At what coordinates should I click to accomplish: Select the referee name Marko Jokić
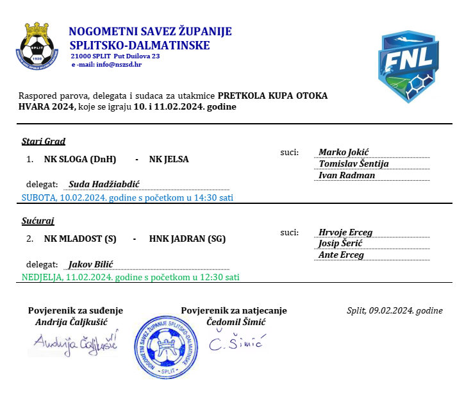coord(344,152)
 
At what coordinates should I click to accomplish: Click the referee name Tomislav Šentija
coord(354,164)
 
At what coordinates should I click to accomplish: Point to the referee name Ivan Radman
coord(347,175)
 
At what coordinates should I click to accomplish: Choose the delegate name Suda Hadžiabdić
coord(104,184)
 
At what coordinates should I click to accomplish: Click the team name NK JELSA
coord(169,159)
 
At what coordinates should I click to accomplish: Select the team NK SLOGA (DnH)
coord(79,159)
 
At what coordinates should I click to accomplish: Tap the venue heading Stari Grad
coord(44,141)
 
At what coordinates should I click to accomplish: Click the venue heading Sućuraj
coord(38,221)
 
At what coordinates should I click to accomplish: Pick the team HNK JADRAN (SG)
coord(187,239)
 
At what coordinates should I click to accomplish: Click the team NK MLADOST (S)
coord(79,239)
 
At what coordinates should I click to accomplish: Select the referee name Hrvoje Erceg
coord(345,232)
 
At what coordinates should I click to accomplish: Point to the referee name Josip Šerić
coord(341,244)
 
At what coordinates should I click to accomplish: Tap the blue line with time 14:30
coord(127,197)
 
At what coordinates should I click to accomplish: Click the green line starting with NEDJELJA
coord(130,278)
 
